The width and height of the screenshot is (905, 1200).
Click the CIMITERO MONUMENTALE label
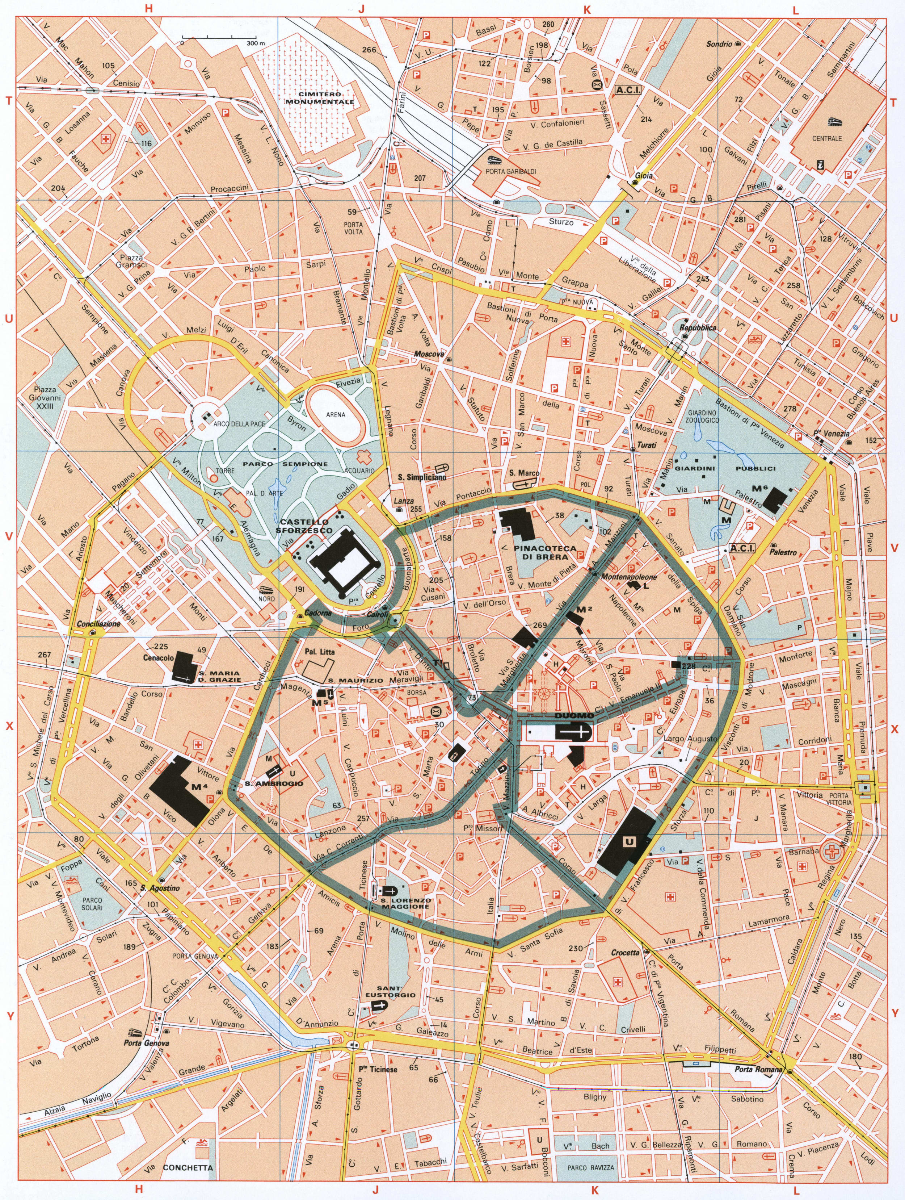[x=320, y=98]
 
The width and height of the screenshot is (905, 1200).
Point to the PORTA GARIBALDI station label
[x=512, y=171]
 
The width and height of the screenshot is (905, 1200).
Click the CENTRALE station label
[x=827, y=138]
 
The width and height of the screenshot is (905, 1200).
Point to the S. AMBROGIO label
[x=273, y=784]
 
